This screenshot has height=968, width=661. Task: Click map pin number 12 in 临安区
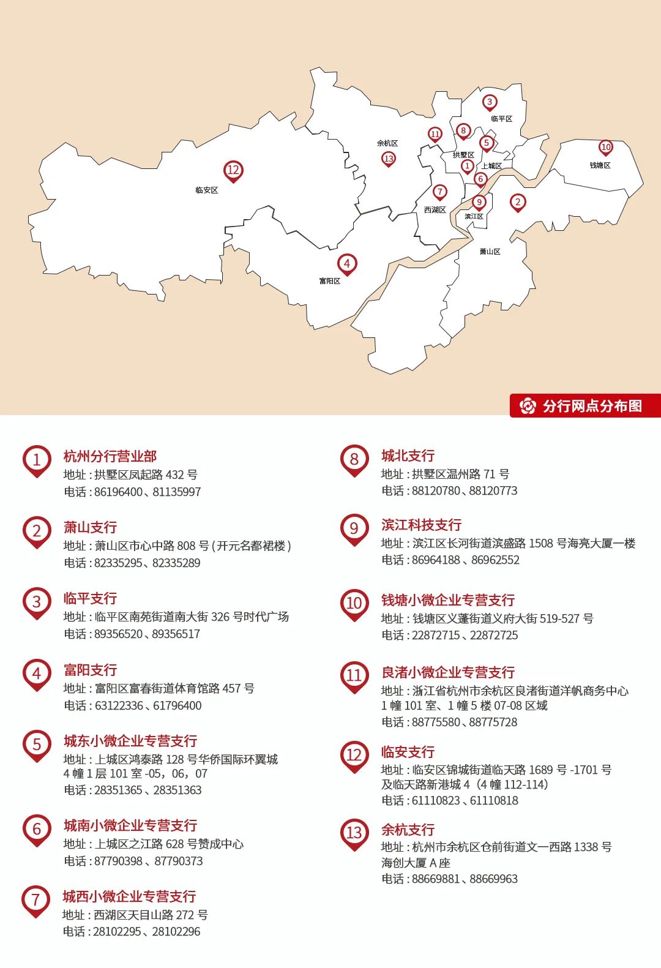[233, 171]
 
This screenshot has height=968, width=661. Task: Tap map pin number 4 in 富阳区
[347, 264]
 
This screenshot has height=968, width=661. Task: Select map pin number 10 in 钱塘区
[605, 147]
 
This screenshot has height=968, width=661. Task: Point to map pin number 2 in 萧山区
[518, 202]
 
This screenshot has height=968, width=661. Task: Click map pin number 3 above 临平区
[489, 102]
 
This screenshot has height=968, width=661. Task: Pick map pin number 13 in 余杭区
[389, 159]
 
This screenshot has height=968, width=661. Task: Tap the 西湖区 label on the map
[435, 210]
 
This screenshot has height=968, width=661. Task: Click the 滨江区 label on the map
[474, 217]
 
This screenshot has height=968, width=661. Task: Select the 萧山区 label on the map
[490, 252]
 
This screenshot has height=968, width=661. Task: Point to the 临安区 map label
[207, 190]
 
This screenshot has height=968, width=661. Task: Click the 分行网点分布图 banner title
[592, 406]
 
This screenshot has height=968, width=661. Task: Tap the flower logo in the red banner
[527, 406]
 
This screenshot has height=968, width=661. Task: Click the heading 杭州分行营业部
[110, 456]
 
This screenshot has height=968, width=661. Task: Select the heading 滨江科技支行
[421, 525]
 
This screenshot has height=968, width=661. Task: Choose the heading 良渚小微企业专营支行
[448, 672]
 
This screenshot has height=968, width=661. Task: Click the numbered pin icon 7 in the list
[35, 899]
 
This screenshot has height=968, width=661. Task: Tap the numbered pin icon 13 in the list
[354, 833]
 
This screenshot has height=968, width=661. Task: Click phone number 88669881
[436, 879]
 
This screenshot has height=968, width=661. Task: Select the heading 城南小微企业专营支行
[130, 825]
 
